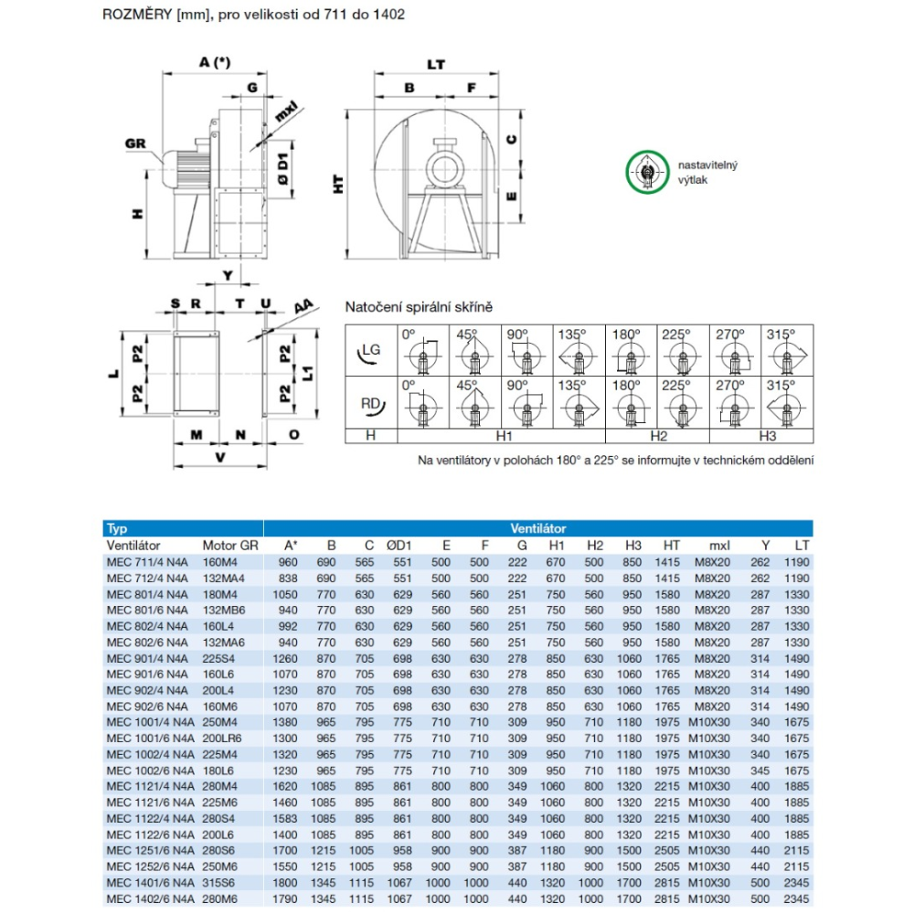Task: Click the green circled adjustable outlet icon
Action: (x=647, y=172)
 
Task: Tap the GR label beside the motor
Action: (x=136, y=143)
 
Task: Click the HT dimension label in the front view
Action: (x=339, y=184)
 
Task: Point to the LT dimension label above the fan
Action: (x=436, y=64)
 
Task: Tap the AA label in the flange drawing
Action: (x=304, y=308)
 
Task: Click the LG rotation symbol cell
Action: (x=371, y=350)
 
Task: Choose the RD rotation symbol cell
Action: (x=371, y=401)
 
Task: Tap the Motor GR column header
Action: (x=230, y=545)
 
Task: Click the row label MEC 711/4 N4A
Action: (x=147, y=562)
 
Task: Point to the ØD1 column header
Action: (x=401, y=545)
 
